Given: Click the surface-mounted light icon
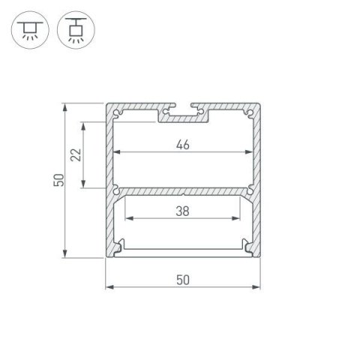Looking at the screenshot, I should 28,28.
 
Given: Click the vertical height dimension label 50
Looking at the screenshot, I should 57,180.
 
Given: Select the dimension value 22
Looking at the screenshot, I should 74,155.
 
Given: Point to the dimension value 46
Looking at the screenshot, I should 184,145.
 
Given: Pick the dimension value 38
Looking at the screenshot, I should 182,211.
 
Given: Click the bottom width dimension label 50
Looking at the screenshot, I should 183,280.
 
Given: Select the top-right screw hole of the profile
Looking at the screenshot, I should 247,113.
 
